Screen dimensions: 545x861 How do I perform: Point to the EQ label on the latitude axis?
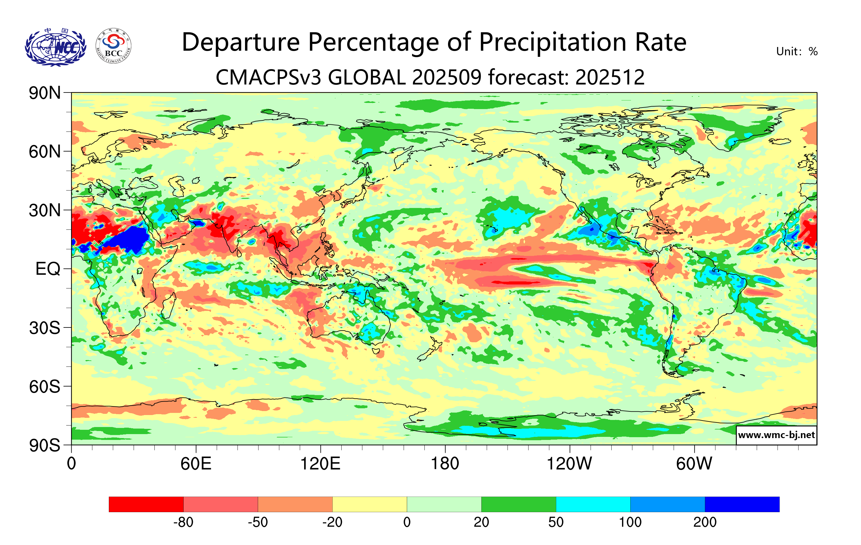[x=48, y=269]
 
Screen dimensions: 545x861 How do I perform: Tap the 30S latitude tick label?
[x=45, y=328]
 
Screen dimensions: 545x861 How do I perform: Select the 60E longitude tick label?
[x=196, y=464]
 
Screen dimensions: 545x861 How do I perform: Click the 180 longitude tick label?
[x=445, y=464]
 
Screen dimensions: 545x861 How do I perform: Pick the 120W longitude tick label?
[x=569, y=464]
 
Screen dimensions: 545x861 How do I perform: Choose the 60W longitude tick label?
[x=694, y=464]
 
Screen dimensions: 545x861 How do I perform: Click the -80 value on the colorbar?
[x=184, y=522]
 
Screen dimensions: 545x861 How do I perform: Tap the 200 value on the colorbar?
[x=705, y=522]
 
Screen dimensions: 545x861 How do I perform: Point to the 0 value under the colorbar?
[x=407, y=522]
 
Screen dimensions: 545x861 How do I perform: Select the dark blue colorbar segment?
[x=742, y=504]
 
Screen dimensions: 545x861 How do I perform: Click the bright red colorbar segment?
[x=146, y=504]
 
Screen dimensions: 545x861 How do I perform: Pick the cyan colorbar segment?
[x=593, y=504]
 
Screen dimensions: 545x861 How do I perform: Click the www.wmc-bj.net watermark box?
[x=776, y=435]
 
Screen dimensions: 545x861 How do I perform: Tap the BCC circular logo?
[x=113, y=46]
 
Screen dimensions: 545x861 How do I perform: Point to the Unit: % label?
[x=797, y=51]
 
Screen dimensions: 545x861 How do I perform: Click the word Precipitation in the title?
[x=553, y=42]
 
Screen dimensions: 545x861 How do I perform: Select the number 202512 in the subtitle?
[x=610, y=77]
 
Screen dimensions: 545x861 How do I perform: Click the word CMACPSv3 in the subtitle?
[x=268, y=77]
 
